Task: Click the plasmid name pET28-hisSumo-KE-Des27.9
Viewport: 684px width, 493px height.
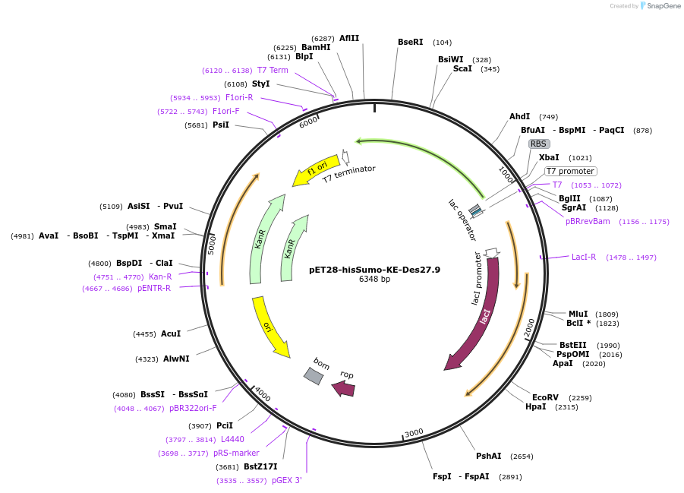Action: (374, 270)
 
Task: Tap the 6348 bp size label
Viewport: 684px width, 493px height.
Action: (374, 280)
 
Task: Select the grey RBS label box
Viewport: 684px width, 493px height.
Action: (538, 144)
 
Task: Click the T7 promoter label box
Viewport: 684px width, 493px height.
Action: (570, 171)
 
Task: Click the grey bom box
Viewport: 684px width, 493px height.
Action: (314, 375)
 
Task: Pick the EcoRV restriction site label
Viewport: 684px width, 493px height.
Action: (545, 397)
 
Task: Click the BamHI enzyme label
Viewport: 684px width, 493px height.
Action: (316, 47)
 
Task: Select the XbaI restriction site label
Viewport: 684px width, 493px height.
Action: (549, 157)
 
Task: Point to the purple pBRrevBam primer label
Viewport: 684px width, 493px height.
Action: (588, 222)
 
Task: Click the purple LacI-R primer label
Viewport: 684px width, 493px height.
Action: (584, 257)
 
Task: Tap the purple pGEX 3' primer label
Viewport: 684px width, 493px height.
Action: (287, 480)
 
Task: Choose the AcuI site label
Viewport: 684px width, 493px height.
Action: (171, 333)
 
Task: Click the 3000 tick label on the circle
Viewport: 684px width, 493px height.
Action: (414, 433)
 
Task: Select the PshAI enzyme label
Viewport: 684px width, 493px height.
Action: (488, 456)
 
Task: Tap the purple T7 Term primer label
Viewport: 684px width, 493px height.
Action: (273, 70)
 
